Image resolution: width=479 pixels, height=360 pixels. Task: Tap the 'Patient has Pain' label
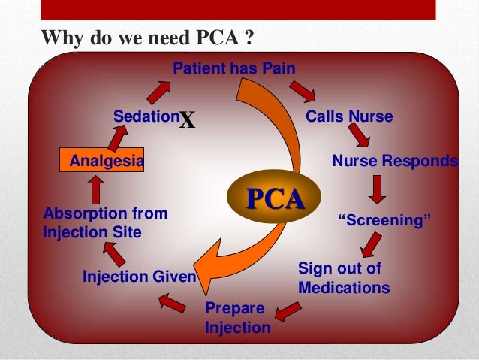[x=234, y=69]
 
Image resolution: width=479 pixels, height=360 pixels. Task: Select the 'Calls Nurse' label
[x=349, y=117]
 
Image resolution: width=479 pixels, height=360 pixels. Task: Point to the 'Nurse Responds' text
[x=394, y=161]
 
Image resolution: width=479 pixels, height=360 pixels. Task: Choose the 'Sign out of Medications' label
[x=344, y=278]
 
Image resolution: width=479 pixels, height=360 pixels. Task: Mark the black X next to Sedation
[x=187, y=120]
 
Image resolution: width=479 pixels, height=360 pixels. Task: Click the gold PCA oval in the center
[x=276, y=199]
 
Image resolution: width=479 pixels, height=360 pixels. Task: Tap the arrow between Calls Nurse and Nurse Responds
[x=359, y=136]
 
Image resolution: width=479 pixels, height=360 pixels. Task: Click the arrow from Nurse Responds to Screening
[x=378, y=188]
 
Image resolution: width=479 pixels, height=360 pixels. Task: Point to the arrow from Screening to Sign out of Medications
[x=370, y=244]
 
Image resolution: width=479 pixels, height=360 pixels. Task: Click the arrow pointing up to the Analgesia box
[x=95, y=191]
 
